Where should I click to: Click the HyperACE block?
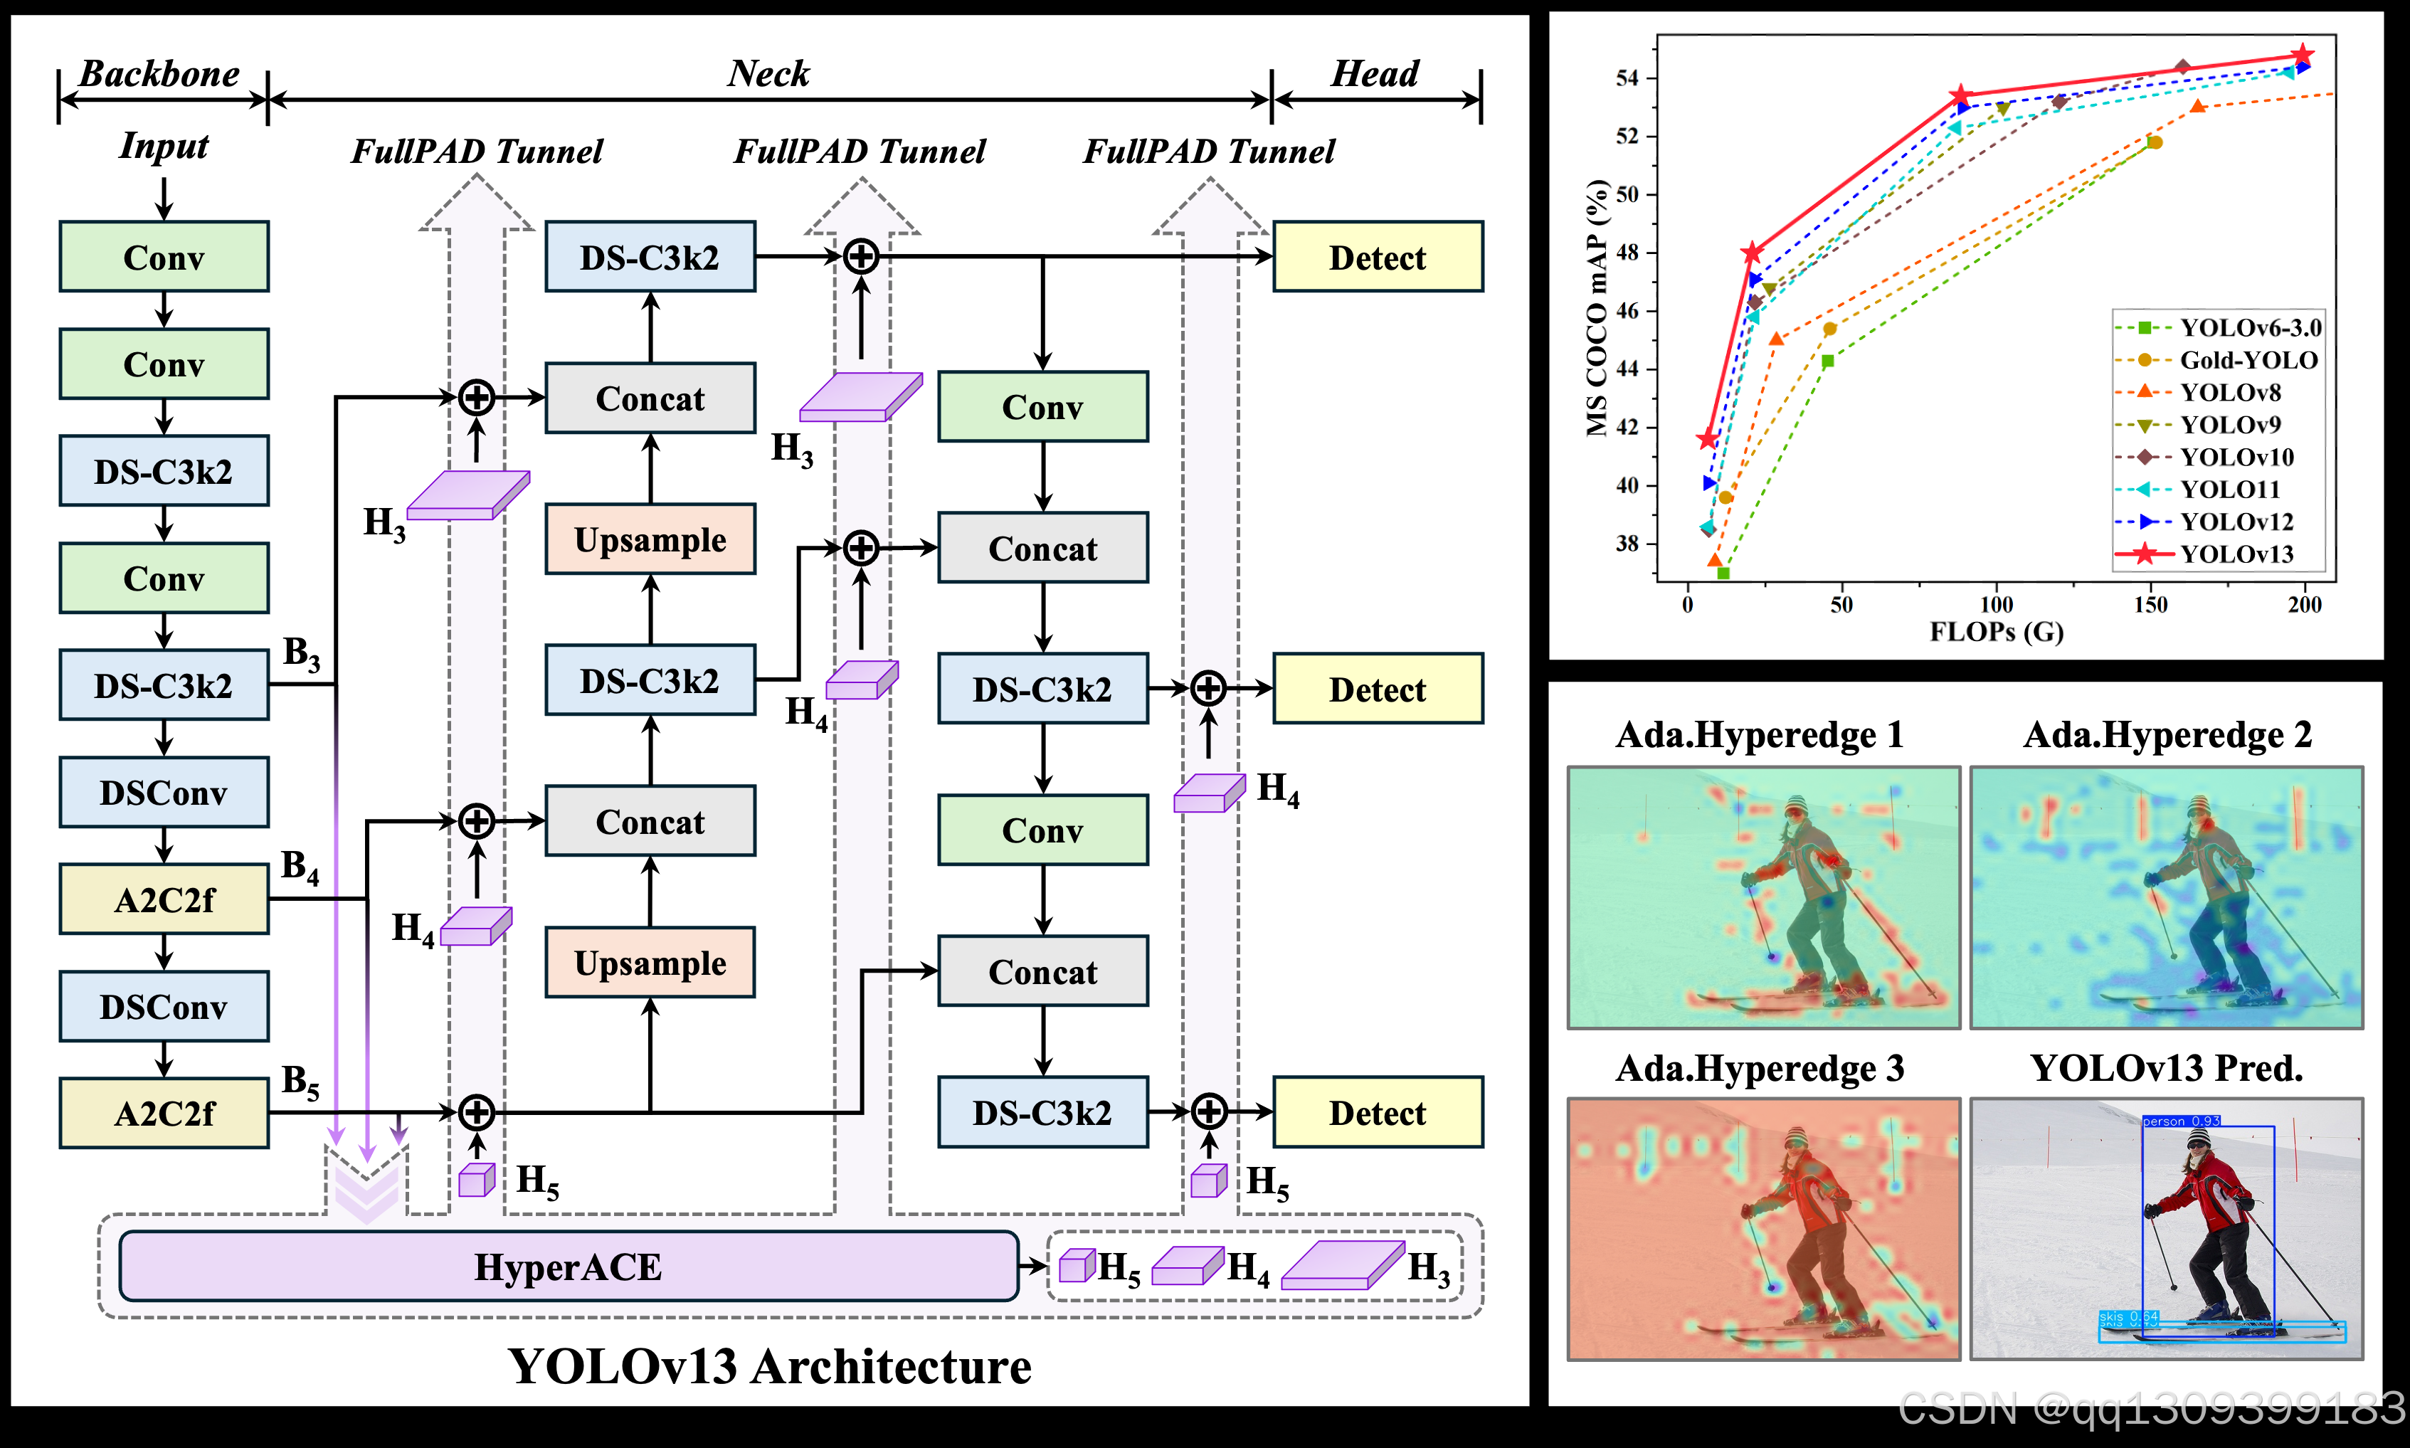[568, 1267]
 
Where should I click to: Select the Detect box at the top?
[1377, 258]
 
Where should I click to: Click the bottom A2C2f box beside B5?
[163, 1114]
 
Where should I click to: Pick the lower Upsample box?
[650, 963]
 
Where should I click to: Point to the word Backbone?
[159, 74]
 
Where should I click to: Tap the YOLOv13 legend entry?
[2236, 554]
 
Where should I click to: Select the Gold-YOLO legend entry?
[2247, 360]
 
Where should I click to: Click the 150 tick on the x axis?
[2150, 605]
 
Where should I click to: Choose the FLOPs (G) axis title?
[1997, 633]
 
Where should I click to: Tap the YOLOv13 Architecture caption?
[769, 1366]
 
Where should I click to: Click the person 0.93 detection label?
[2181, 1121]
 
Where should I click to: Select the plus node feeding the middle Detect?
[1208, 688]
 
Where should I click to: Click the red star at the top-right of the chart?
[2303, 55]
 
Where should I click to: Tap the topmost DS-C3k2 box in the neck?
[650, 258]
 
